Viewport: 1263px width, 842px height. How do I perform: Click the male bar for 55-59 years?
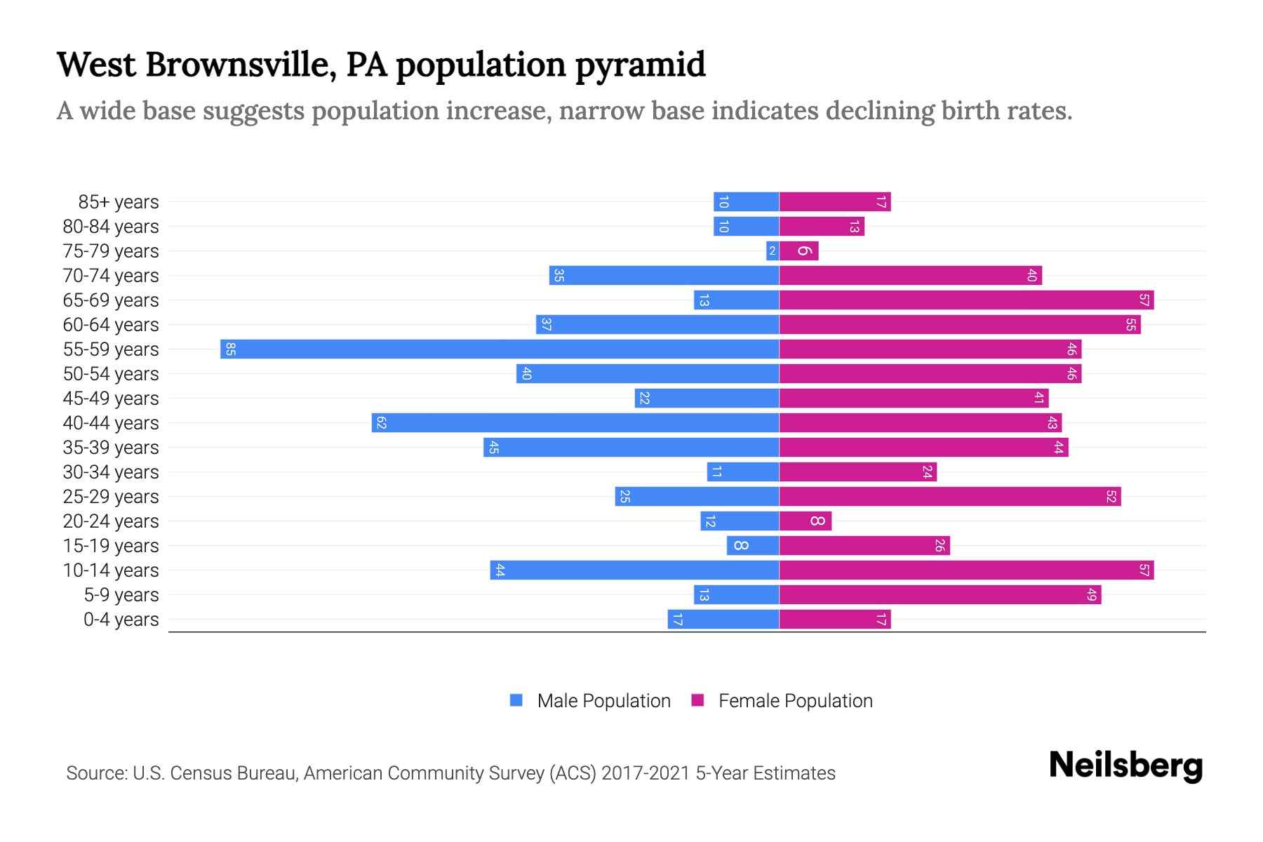tap(500, 349)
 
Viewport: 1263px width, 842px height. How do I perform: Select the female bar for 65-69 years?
tap(966, 300)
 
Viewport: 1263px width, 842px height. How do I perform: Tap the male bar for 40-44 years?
tap(575, 423)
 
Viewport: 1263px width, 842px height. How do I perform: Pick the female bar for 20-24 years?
tap(805, 521)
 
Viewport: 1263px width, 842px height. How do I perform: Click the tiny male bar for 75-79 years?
tap(773, 251)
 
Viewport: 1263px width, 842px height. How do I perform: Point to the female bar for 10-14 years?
tap(966, 570)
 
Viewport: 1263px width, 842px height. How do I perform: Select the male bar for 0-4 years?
tap(723, 620)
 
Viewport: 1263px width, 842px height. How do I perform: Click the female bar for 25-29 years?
tap(949, 497)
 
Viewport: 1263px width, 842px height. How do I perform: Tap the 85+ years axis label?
tap(119, 202)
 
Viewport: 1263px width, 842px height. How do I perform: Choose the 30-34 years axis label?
tap(111, 472)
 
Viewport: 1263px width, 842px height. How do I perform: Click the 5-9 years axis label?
tap(121, 595)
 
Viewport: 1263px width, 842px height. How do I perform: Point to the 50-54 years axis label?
tap(111, 374)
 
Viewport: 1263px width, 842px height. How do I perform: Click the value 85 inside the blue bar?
tap(230, 349)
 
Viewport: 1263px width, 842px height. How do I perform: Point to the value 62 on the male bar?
tap(381, 423)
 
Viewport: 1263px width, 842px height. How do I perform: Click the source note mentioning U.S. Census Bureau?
tap(450, 773)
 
